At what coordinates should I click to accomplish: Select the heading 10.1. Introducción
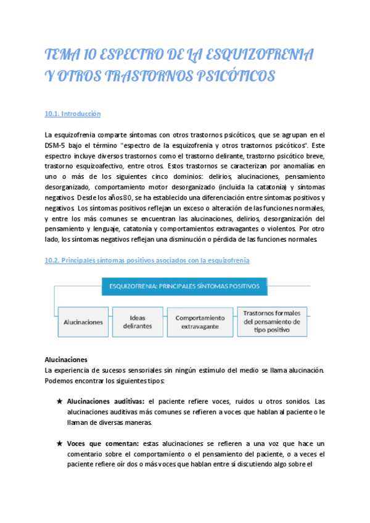[x=73, y=114]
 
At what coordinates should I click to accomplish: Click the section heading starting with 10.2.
[x=147, y=261]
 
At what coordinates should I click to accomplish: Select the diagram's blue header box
[x=184, y=286]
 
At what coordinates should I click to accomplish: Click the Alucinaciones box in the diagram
[x=83, y=322]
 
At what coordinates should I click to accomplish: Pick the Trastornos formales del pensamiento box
[x=271, y=321]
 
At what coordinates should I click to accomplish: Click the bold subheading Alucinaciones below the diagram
[x=66, y=360]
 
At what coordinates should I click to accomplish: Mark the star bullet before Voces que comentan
[x=59, y=443]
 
